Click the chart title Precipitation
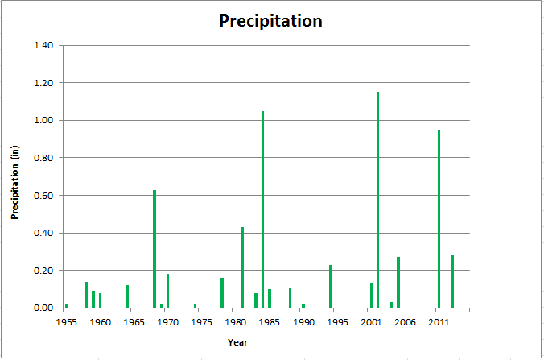270,21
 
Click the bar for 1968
155,249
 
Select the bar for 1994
330,287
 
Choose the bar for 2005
398,283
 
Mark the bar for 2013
452,282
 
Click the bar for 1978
222,293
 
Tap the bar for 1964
127,296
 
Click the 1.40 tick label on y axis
43,45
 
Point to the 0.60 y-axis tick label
43,196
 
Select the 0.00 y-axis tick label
43,308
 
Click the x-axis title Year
237,343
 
